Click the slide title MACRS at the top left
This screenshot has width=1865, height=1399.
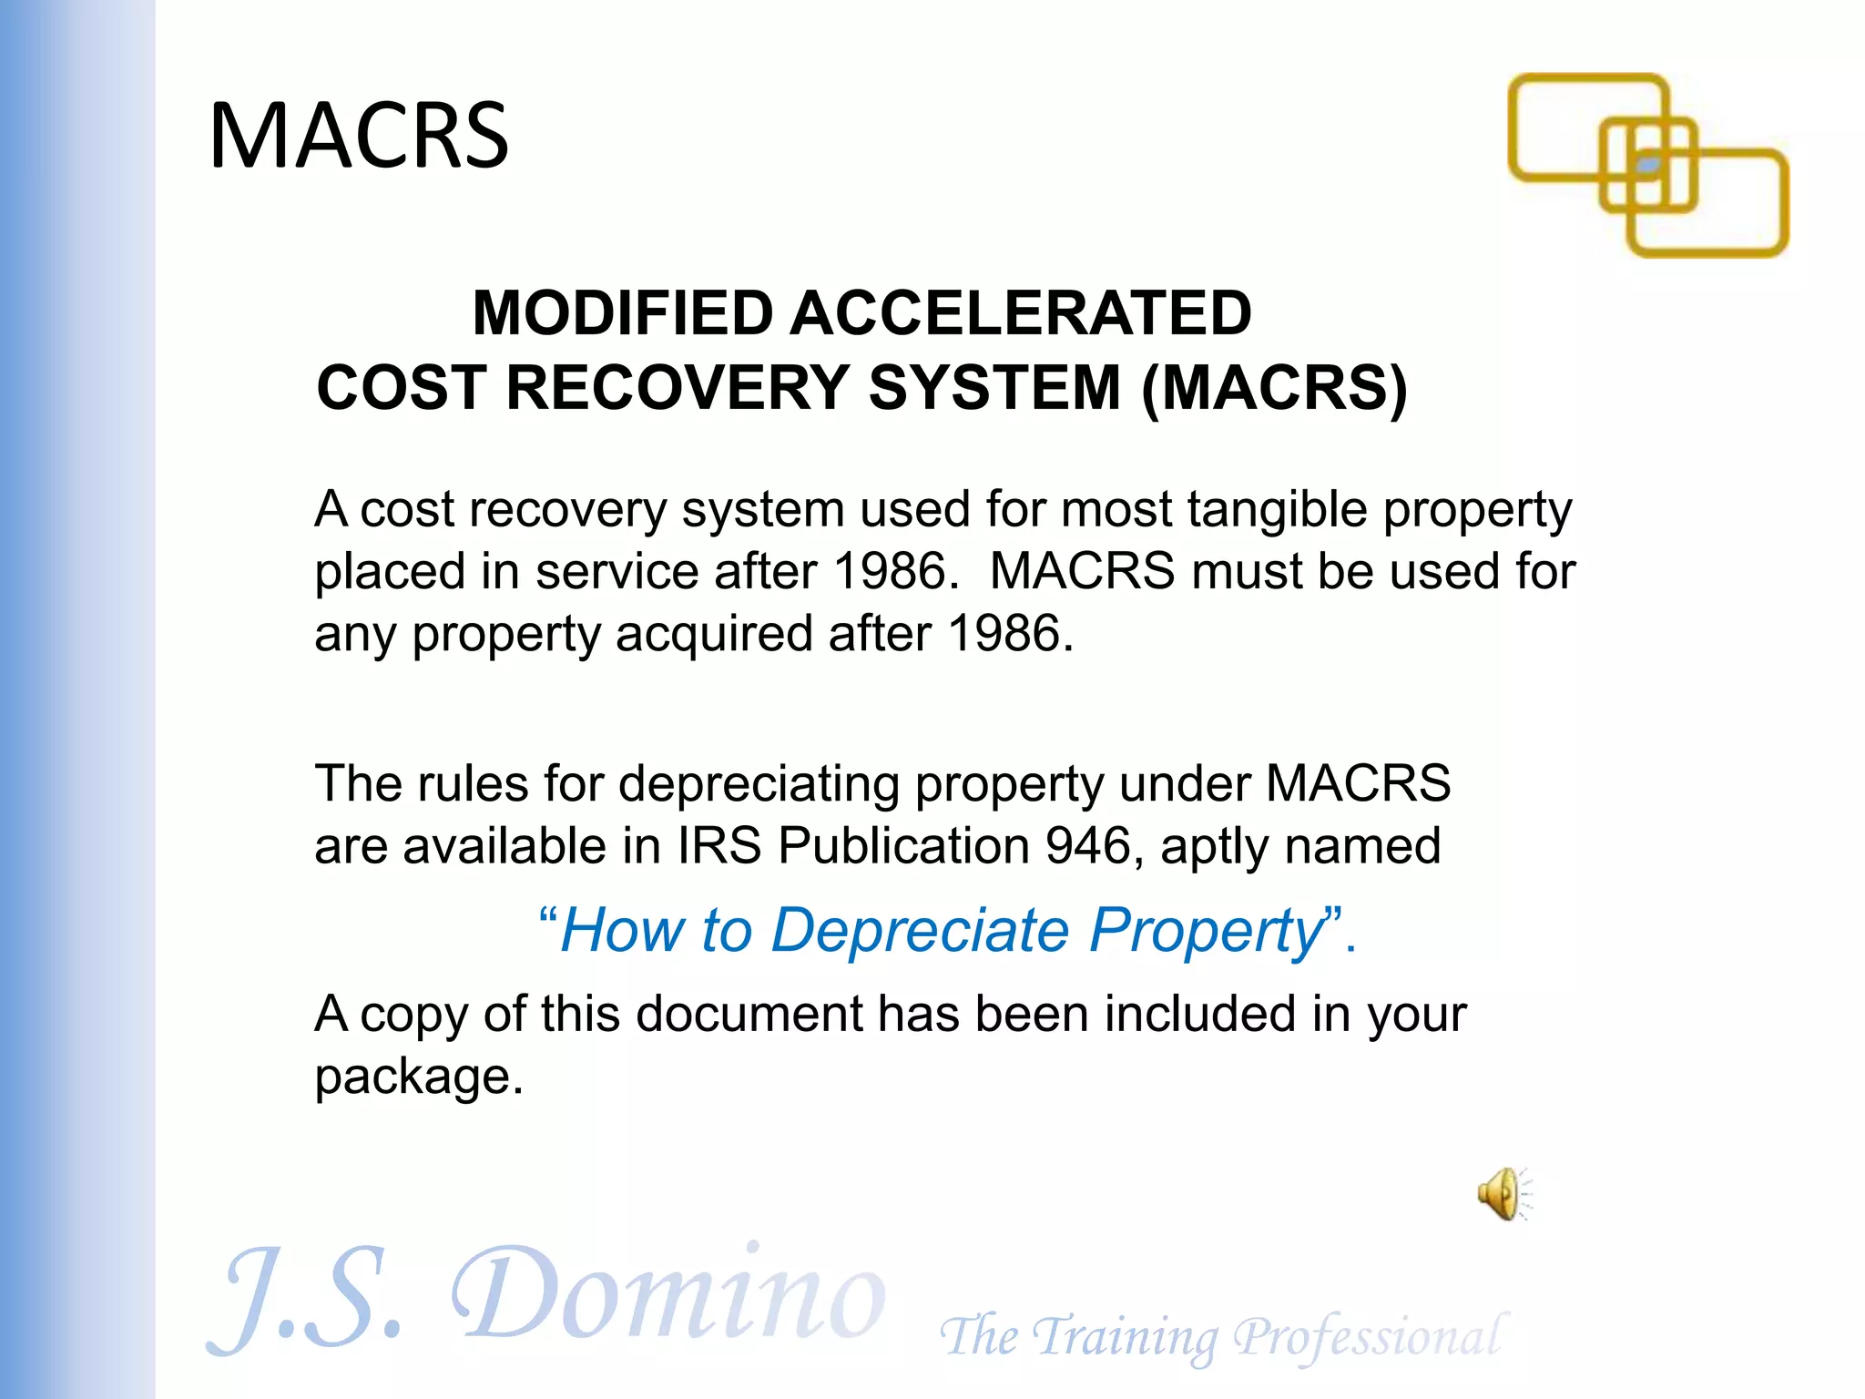coord(359,136)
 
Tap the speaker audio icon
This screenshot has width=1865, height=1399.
coord(1502,1193)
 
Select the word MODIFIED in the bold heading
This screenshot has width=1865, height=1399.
coord(623,313)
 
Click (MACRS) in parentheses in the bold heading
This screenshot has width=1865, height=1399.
coord(1274,388)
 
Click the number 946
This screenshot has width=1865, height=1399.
coord(1087,845)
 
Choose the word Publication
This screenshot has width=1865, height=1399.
coord(902,847)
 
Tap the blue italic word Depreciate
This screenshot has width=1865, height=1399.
coord(920,931)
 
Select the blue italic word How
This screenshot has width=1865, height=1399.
coord(622,931)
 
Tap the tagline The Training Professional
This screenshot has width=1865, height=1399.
coord(1220,1337)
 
